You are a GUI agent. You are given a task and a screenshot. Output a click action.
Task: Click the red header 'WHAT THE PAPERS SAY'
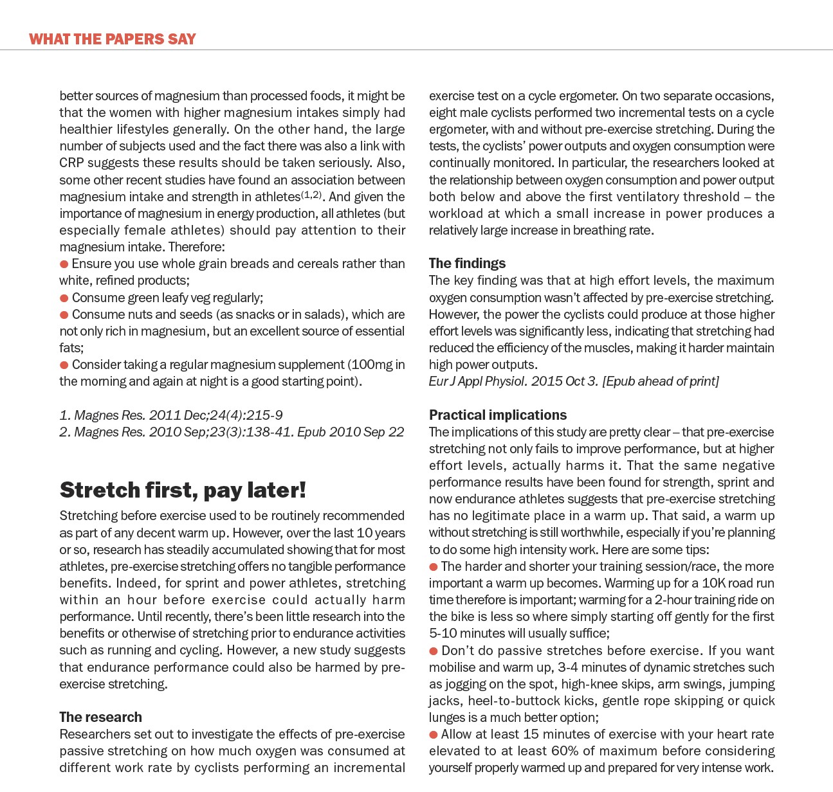tap(113, 39)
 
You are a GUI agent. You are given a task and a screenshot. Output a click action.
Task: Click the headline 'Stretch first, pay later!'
tap(183, 490)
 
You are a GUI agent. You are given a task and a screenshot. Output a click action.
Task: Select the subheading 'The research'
tap(100, 717)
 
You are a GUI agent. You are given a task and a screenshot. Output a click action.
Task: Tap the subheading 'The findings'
tap(467, 263)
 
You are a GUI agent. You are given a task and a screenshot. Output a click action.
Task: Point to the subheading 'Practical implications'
tap(498, 415)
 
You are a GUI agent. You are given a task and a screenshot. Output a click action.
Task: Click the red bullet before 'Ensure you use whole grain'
tap(64, 264)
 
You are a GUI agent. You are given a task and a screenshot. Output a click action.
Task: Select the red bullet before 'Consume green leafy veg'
tap(64, 298)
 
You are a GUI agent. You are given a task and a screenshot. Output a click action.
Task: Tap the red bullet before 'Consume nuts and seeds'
tap(64, 315)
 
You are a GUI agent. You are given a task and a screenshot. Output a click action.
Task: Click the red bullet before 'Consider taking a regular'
tap(64, 365)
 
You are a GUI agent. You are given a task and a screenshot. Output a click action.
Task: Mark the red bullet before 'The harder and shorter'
tap(434, 567)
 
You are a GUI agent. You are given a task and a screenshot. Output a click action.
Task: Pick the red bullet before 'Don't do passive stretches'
tap(434, 651)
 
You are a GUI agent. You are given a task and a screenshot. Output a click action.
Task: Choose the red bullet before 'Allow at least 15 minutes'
tap(434, 735)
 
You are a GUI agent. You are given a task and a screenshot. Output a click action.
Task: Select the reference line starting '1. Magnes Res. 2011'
tap(171, 415)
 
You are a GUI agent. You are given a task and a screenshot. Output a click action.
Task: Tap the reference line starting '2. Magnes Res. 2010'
tap(232, 432)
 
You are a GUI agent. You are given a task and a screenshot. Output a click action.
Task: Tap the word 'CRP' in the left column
tap(71, 163)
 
